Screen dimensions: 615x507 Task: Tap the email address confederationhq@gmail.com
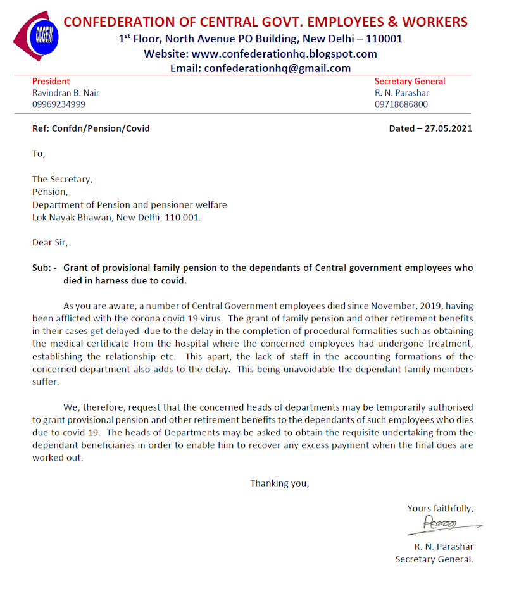point(277,68)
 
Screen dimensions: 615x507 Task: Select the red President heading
point(51,82)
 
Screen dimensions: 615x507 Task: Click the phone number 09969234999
point(59,104)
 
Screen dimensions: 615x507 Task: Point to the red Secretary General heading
point(410,82)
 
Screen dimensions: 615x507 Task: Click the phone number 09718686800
point(401,104)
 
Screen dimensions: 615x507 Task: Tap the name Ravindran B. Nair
point(66,93)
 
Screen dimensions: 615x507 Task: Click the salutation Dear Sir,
point(50,242)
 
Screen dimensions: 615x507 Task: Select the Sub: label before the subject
point(44,268)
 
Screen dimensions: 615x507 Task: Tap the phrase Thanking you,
point(280,483)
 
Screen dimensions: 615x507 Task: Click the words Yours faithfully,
point(440,508)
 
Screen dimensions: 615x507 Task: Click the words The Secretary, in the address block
point(62,179)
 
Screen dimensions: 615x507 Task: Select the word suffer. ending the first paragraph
point(45,382)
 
